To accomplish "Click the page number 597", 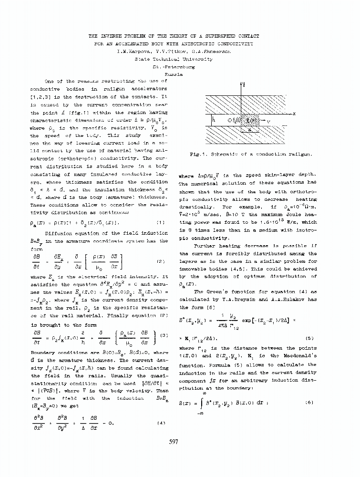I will tap(174, 442).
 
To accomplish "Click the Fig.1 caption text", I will tap(250, 154).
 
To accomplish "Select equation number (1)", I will tap(161, 222).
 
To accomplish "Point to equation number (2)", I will tap(161, 261).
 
